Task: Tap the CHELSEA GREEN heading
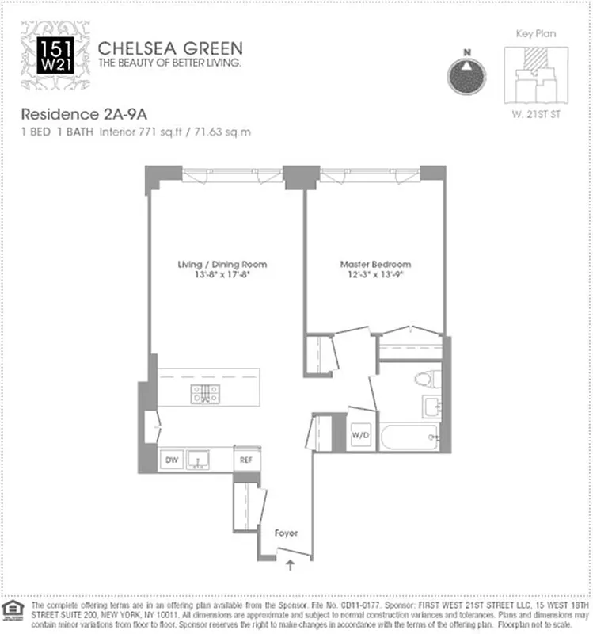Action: pos(170,47)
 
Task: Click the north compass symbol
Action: pos(467,74)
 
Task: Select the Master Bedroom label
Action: pos(375,264)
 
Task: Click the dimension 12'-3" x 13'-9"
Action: pos(375,274)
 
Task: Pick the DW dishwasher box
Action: pos(171,460)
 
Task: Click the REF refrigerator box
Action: pos(246,460)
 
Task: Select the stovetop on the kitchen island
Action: pos(205,394)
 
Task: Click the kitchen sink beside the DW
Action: pos(197,460)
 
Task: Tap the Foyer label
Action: pos(285,533)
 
